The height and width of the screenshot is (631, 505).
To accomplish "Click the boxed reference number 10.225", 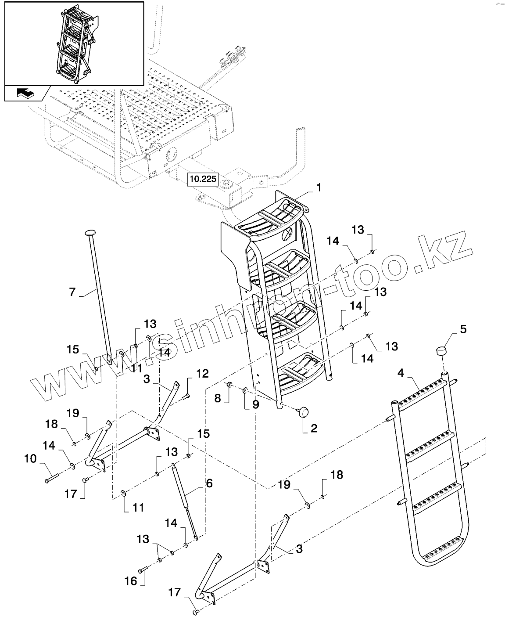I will pos(202,179).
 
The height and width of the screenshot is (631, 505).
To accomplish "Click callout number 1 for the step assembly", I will pos(319,188).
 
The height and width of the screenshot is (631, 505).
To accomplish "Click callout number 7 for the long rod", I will pos(73,291).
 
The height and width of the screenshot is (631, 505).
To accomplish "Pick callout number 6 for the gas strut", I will pos(209,483).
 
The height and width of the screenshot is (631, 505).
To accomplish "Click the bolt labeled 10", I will pos(49,479).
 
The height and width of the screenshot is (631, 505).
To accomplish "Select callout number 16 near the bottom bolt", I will pos(131,581).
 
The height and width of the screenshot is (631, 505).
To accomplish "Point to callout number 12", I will pos(202,374).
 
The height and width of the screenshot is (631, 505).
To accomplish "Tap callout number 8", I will pos(218,399).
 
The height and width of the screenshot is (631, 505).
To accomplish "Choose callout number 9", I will pos(255,404).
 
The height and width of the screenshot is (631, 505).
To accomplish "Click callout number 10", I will pos(30,459).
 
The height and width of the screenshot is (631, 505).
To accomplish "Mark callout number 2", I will pos(314,428).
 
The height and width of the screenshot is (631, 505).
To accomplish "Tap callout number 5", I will pos(451,329).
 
